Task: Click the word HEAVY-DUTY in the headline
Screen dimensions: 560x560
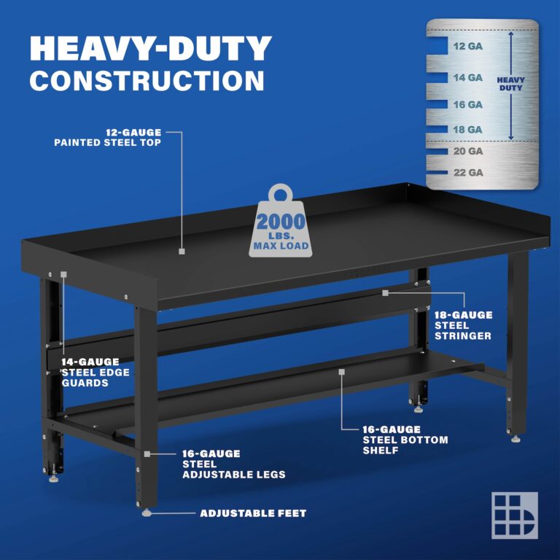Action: click(x=150, y=48)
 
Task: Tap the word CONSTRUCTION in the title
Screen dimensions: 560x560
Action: click(x=147, y=80)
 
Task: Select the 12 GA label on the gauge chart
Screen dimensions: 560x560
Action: click(x=467, y=45)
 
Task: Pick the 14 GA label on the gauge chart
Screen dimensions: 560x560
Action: click(x=467, y=77)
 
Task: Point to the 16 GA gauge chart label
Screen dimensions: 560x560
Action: click(x=467, y=104)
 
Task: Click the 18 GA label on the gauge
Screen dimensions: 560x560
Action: click(x=467, y=129)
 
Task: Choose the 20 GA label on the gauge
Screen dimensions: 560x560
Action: click(x=467, y=152)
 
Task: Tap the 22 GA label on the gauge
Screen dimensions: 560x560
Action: click(x=467, y=173)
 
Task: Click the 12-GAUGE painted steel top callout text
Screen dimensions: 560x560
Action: click(x=108, y=137)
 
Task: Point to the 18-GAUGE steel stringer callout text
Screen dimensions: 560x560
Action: click(x=463, y=325)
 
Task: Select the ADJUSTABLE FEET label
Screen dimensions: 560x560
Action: click(x=253, y=513)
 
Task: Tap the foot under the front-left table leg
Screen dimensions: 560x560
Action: click(x=147, y=513)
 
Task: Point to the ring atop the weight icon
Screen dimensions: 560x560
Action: click(x=281, y=194)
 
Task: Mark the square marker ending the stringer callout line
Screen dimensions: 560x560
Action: click(x=386, y=292)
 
